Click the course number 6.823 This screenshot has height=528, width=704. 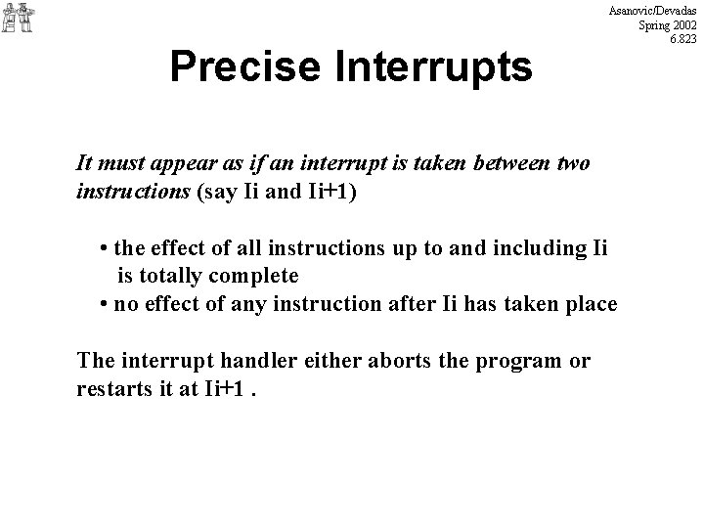tap(682, 39)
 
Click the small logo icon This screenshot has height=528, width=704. tap(18, 18)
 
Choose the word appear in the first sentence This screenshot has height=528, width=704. tap(184, 163)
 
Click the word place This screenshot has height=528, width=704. tap(591, 303)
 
